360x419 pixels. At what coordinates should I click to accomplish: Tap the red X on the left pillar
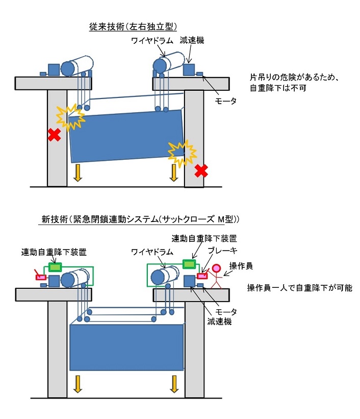54,135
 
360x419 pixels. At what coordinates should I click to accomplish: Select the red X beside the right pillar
201,171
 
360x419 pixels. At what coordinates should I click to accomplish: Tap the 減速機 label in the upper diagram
192,40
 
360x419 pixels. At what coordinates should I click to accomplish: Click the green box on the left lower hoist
55,267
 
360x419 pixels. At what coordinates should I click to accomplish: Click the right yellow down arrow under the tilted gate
173,172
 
